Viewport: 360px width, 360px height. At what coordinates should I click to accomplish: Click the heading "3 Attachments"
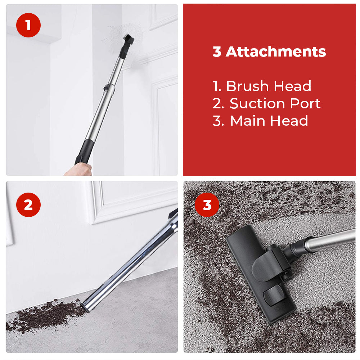pyautogui.click(x=269, y=52)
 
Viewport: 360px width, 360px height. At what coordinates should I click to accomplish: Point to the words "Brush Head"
pyautogui.click(x=269, y=86)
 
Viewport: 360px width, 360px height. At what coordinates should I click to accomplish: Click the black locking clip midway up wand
pyautogui.click(x=107, y=87)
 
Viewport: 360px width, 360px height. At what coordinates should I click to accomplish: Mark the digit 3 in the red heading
pyautogui.click(x=217, y=52)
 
